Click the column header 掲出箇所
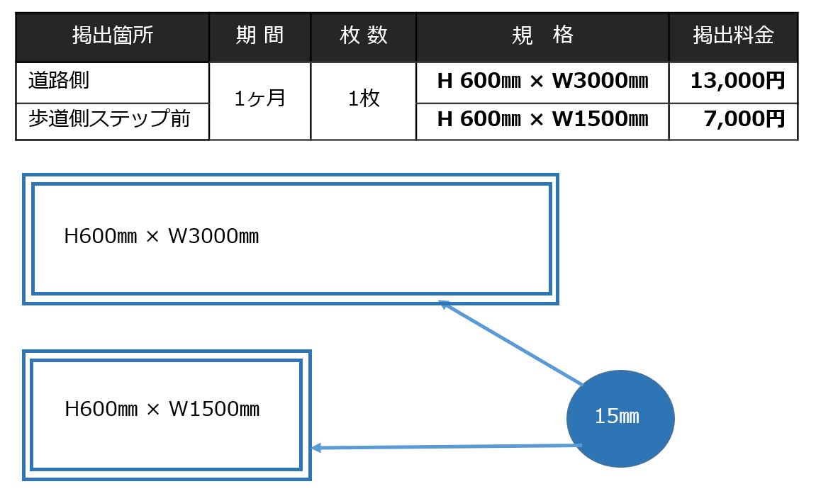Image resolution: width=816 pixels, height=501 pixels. pyautogui.click(x=112, y=36)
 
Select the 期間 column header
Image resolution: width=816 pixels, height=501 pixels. pyautogui.click(x=259, y=36)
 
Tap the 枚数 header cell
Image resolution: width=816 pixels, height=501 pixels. pyautogui.click(x=363, y=36)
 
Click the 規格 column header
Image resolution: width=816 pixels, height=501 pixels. pyautogui.click(x=542, y=36)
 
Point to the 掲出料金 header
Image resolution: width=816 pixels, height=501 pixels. pyautogui.click(x=733, y=36)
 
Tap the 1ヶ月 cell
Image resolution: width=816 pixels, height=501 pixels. pyautogui.click(x=259, y=99)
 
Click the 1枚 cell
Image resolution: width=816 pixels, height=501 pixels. pyautogui.click(x=363, y=99)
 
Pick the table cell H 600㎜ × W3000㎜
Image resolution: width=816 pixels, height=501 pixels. pyautogui.click(x=542, y=81)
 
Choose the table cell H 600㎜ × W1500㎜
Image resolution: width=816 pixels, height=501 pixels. pyautogui.click(x=542, y=118)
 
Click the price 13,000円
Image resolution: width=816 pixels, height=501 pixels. pyautogui.click(x=737, y=81)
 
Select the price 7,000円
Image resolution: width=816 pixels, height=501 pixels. pyautogui.click(x=744, y=118)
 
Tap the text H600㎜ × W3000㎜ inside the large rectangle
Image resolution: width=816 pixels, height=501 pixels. pyautogui.click(x=162, y=236)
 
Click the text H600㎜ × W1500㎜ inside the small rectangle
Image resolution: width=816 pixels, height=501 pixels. pyautogui.click(x=162, y=409)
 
